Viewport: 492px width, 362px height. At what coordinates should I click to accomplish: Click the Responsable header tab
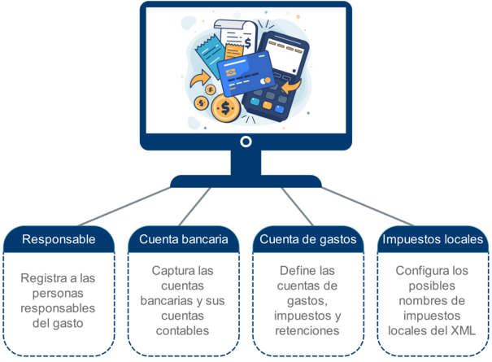(59, 239)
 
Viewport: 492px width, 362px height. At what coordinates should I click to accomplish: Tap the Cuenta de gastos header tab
(309, 239)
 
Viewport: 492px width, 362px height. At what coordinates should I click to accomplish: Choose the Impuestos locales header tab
(433, 239)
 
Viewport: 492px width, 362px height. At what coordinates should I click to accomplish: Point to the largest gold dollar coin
(224, 107)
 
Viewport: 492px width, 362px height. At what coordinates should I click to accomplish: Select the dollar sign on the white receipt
(246, 42)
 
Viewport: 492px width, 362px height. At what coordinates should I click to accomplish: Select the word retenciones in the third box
(308, 331)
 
